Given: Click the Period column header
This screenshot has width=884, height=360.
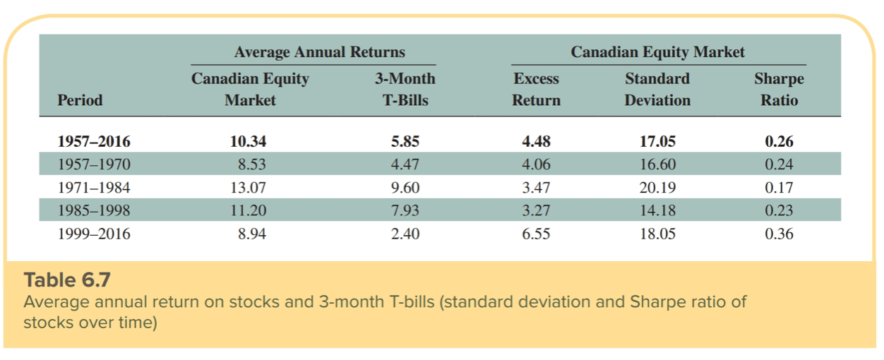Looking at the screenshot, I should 80,100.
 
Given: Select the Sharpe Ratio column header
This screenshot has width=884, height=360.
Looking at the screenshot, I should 779,89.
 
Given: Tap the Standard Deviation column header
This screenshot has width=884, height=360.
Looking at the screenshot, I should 657,89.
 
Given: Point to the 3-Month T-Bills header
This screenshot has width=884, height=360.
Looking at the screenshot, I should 405,89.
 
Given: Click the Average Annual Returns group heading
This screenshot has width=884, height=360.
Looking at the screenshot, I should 319,52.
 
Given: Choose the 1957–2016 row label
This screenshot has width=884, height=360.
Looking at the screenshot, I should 94,141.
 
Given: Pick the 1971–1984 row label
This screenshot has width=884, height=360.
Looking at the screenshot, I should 94,188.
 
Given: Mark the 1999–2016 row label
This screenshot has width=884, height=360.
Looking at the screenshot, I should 94,234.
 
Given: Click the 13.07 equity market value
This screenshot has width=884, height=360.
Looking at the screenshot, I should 249,188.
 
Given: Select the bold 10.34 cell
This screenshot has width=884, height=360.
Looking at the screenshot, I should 249,141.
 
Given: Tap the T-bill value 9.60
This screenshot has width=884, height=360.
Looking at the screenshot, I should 405,188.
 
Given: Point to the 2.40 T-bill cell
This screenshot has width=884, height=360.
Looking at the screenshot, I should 405,234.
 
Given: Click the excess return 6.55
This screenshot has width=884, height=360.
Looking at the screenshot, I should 536,234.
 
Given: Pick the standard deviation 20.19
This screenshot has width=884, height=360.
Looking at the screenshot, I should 657,188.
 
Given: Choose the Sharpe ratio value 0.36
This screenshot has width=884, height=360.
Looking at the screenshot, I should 779,234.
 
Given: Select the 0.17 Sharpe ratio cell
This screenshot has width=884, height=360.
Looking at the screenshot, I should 779,188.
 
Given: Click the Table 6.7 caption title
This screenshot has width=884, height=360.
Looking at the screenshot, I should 67,280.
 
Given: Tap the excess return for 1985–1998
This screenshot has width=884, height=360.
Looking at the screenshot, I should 536,210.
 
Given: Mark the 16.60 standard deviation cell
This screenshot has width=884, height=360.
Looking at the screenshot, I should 657,164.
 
